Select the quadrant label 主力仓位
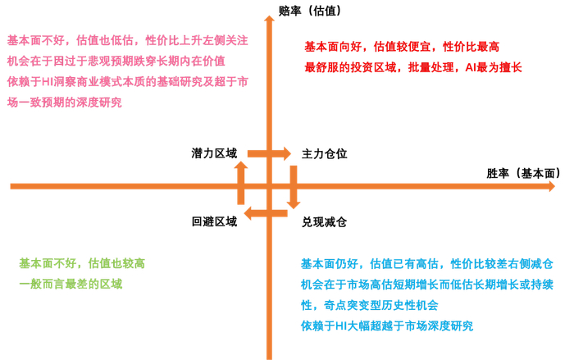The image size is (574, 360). coord(326,153)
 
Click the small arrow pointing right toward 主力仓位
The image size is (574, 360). coord(268,153)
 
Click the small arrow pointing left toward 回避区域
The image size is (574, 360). coord(268,215)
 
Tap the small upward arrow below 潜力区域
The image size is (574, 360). coord(241,182)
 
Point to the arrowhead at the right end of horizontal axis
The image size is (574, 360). coord(553,185)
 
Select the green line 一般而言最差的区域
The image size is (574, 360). coord(71,284)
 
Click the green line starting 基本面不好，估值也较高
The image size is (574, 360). coord(82,263)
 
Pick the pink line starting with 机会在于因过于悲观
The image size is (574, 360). coord(116,61)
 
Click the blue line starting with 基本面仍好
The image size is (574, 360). coord(427,263)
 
